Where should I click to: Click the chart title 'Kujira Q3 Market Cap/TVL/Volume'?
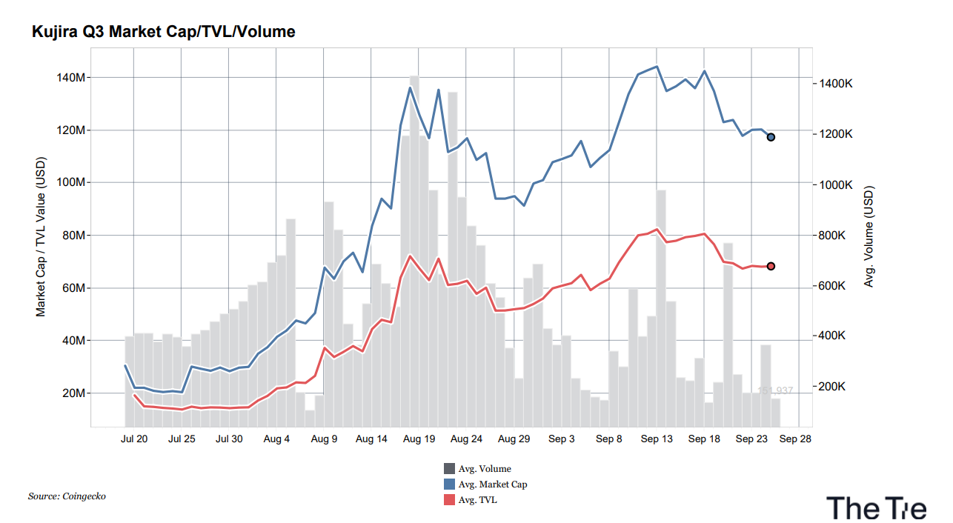point(163,32)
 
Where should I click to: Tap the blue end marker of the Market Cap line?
point(771,137)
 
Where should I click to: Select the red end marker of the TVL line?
point(771,266)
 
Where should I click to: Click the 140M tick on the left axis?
point(70,77)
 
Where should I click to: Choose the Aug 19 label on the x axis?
point(419,439)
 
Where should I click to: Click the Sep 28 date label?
point(795,439)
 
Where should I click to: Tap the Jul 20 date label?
point(134,439)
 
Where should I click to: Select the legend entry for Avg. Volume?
point(477,469)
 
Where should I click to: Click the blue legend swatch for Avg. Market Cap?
point(449,484)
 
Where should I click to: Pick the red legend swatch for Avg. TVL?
point(449,499)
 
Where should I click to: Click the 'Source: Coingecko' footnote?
point(67,496)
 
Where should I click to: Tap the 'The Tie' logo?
point(877,508)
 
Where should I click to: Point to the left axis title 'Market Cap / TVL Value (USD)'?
point(41,237)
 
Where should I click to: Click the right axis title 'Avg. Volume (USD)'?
point(869,236)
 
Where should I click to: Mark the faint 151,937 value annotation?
point(775,390)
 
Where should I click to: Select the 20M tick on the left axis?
point(73,393)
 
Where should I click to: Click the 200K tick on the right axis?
point(833,387)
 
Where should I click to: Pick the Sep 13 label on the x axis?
point(657,439)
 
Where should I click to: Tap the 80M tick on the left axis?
point(73,235)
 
